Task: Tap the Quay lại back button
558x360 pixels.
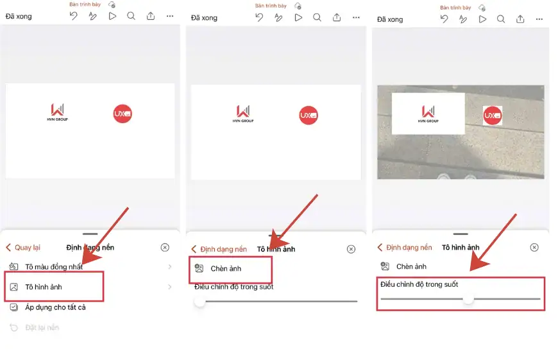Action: click(23, 248)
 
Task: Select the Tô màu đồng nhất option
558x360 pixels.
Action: click(54, 267)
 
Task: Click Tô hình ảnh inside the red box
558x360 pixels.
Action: click(44, 287)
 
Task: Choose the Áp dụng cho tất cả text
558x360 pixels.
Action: click(55, 307)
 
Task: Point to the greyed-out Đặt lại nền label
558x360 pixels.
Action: click(42, 328)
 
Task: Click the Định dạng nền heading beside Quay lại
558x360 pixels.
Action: click(90, 248)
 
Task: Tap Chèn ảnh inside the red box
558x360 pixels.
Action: click(226, 269)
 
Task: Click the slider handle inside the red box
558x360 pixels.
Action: click(468, 299)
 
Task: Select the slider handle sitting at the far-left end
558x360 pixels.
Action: click(200, 301)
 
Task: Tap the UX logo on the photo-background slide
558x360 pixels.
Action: click(493, 116)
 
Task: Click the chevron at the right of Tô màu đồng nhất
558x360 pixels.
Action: click(170, 267)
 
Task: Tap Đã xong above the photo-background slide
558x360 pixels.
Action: click(390, 19)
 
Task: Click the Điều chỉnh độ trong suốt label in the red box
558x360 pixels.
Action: click(419, 284)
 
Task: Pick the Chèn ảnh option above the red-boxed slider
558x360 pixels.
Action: click(411, 266)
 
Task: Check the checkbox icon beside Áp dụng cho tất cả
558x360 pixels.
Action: click(13, 307)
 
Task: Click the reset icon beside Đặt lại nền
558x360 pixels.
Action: click(13, 328)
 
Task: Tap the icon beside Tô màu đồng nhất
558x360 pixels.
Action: click(13, 267)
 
